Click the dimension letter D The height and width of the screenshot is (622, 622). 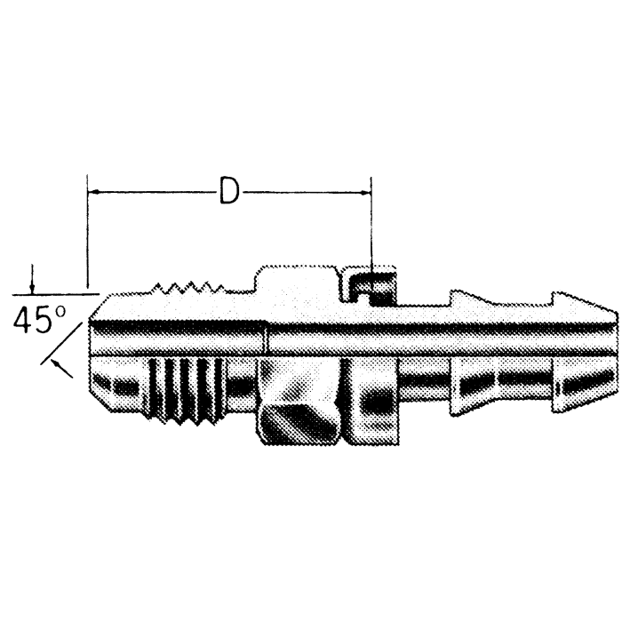pyautogui.click(x=229, y=191)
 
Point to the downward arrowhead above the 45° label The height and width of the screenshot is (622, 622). pyautogui.click(x=33, y=286)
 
